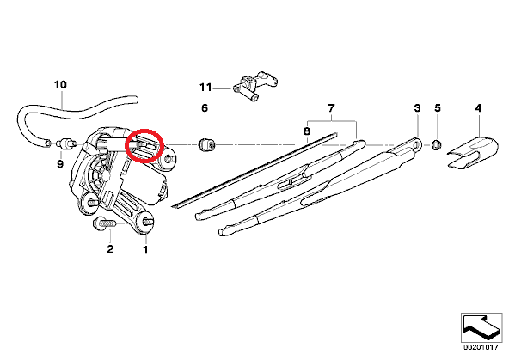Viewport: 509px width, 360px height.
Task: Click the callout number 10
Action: [60, 85]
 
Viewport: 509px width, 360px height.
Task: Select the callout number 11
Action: [205, 88]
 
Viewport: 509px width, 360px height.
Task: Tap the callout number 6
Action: [205, 108]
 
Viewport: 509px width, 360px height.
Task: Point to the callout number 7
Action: [331, 108]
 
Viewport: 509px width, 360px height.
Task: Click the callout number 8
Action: [307, 131]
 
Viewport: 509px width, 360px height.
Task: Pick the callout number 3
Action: [418, 108]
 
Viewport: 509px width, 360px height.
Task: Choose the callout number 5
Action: [438, 108]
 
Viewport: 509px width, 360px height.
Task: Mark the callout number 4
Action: [479, 108]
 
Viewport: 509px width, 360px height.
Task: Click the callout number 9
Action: [60, 164]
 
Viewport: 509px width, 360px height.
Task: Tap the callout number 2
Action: [110, 249]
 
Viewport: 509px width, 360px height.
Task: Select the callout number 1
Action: [145, 250]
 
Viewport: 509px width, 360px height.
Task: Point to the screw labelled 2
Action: [104, 223]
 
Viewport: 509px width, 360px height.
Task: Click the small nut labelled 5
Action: [436, 144]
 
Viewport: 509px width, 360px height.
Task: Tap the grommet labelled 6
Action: [206, 144]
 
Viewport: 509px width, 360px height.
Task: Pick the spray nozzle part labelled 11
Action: [254, 86]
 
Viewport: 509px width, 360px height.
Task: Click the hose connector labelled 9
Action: [66, 143]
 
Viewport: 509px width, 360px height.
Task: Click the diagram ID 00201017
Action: [480, 348]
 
